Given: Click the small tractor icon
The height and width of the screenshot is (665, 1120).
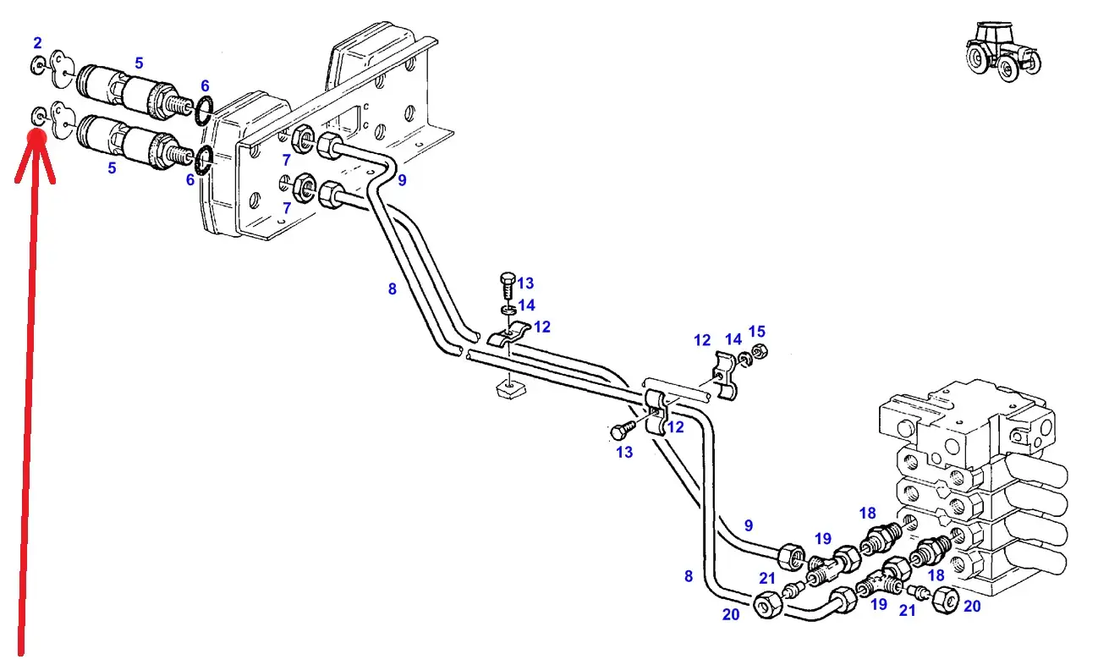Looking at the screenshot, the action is pyautogui.click(x=1003, y=51).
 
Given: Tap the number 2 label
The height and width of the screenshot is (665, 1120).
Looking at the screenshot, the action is pyautogui.click(x=37, y=43).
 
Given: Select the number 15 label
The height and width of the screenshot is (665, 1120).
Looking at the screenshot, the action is pyautogui.click(x=756, y=332).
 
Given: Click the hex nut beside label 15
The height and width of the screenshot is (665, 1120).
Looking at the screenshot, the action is pyautogui.click(x=760, y=351).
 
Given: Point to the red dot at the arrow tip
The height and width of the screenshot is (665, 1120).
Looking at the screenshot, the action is pyautogui.click(x=37, y=137).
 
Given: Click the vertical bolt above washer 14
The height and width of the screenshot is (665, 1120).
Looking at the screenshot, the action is pyautogui.click(x=508, y=285).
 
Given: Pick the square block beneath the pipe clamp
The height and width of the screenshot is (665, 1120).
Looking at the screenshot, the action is pyautogui.click(x=510, y=388).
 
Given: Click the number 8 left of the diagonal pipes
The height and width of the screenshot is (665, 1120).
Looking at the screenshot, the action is pyautogui.click(x=392, y=289).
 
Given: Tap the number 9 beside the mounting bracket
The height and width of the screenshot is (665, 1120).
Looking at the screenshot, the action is pyautogui.click(x=402, y=180).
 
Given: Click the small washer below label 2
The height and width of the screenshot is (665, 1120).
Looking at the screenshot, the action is pyautogui.click(x=39, y=116).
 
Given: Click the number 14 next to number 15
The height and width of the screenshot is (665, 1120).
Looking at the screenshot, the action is pyautogui.click(x=733, y=339).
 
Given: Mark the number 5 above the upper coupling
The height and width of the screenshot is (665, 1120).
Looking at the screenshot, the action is pyautogui.click(x=139, y=63).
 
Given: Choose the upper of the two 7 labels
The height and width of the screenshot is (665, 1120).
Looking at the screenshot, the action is pyautogui.click(x=286, y=160).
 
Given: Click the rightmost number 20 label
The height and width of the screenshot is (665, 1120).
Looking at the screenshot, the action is pyautogui.click(x=971, y=606).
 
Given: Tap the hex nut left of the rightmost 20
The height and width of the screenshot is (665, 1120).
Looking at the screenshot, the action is pyautogui.click(x=946, y=600).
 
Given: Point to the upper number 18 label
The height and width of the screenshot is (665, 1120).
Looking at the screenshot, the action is pyautogui.click(x=868, y=514).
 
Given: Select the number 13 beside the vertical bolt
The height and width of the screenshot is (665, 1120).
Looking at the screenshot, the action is pyautogui.click(x=525, y=283).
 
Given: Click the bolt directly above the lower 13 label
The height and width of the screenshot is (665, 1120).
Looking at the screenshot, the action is pyautogui.click(x=623, y=430).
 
